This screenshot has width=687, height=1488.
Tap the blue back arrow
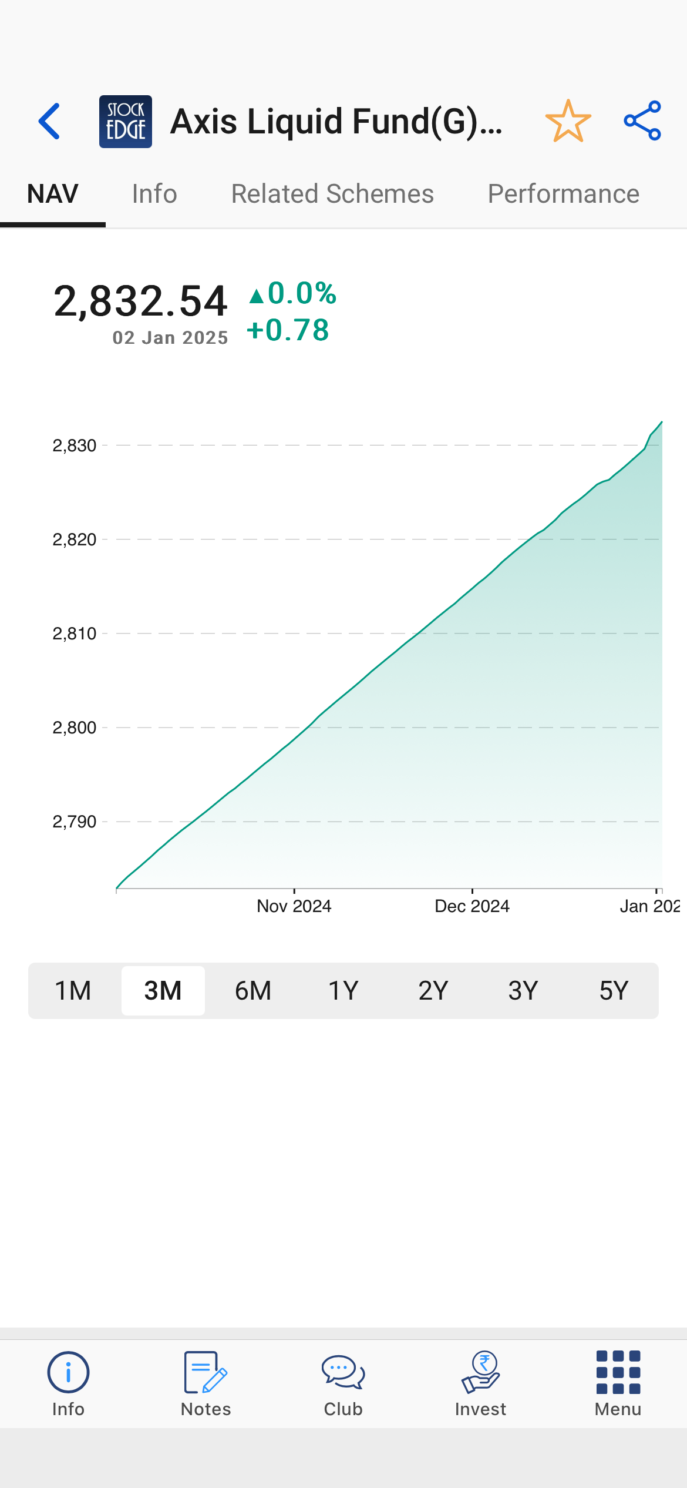pyautogui.click(x=49, y=121)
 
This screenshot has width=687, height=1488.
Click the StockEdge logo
pyautogui.click(x=126, y=122)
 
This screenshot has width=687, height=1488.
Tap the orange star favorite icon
pyautogui.click(x=568, y=121)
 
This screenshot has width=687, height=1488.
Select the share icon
pyautogui.click(x=642, y=121)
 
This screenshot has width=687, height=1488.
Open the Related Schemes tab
pyautogui.click(x=332, y=194)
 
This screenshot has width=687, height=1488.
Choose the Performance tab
pyautogui.click(x=563, y=194)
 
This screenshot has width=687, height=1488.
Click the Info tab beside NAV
pyautogui.click(x=154, y=194)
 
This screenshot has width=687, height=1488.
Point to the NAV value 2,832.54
pyautogui.click(x=140, y=301)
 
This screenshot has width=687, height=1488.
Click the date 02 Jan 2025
pyautogui.click(x=170, y=338)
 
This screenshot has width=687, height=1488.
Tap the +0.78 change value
pyautogui.click(x=288, y=330)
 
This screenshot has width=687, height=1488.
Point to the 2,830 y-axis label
pyautogui.click(x=75, y=446)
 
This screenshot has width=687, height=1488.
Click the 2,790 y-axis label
pyautogui.click(x=75, y=822)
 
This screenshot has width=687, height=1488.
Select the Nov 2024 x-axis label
pyautogui.click(x=294, y=906)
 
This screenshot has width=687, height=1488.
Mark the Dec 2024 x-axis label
pyautogui.click(x=472, y=906)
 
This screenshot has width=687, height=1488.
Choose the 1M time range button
pyautogui.click(x=73, y=991)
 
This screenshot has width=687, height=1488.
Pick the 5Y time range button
pyautogui.click(x=614, y=991)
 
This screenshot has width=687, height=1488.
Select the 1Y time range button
pyautogui.click(x=343, y=991)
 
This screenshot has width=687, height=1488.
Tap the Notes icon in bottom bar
pyautogui.click(x=206, y=1373)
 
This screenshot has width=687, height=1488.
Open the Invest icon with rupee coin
pyautogui.click(x=480, y=1373)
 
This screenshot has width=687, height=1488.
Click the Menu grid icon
pyautogui.click(x=618, y=1373)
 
